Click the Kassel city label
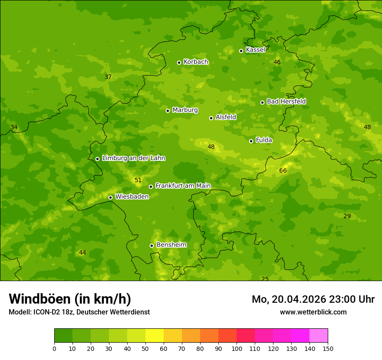coord(255,50)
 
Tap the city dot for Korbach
coord(179,62)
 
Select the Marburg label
coord(185,110)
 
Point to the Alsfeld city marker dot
coord(211,118)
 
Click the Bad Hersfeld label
coord(286,101)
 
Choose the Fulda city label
coord(264,140)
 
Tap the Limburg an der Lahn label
coord(133,158)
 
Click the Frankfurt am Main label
coord(183,186)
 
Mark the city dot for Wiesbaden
coord(110,197)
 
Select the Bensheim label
coord(171,245)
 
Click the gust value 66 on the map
coord(283,171)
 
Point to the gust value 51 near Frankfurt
coord(138,180)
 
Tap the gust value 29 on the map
coord(347,216)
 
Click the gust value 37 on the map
coord(108,77)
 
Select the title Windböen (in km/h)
coord(70,299)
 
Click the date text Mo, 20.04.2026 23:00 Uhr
coord(313,299)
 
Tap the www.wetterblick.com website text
coord(313,312)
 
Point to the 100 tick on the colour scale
coord(237,348)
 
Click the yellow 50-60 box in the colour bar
coord(155,336)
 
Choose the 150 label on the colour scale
coord(328,348)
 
